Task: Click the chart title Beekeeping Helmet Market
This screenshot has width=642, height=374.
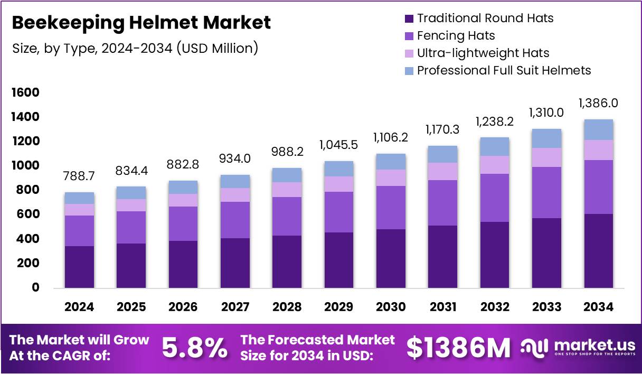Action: (141, 23)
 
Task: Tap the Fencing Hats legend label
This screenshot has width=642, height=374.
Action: (456, 36)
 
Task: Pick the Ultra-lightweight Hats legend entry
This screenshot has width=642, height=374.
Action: (483, 53)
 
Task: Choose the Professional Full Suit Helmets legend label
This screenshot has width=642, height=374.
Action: (504, 70)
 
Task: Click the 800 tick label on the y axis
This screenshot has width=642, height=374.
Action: (29, 190)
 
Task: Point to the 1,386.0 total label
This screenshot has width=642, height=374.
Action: (598, 104)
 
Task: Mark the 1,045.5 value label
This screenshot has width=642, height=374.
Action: (338, 145)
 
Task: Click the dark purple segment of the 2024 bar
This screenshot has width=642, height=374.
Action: (80, 267)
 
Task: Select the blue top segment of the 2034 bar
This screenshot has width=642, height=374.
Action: (598, 130)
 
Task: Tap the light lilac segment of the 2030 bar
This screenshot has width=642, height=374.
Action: (390, 177)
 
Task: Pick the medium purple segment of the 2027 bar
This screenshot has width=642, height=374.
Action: (235, 220)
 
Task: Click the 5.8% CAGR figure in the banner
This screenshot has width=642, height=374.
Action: (195, 348)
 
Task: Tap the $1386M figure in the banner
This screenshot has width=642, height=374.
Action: (458, 348)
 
